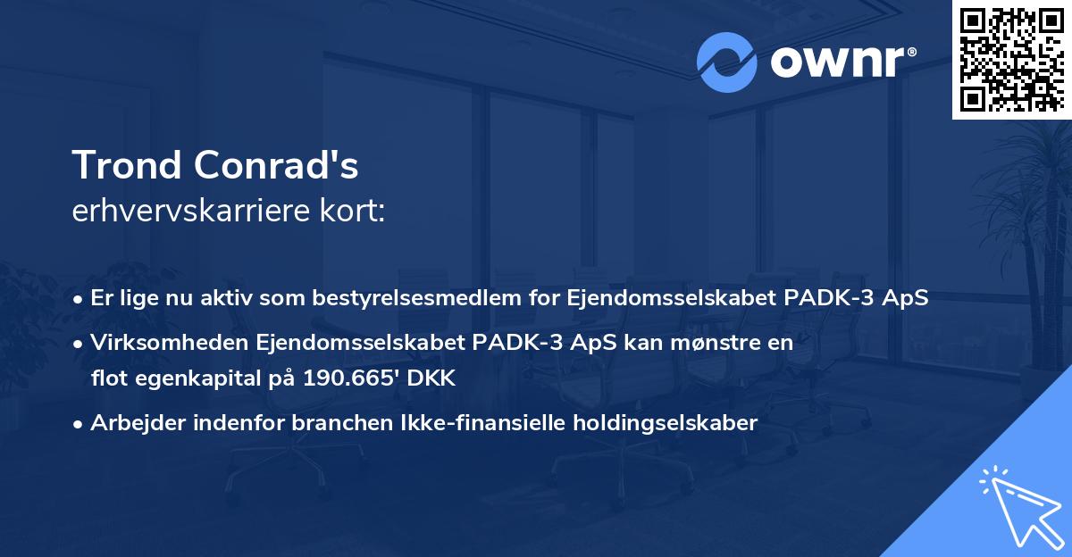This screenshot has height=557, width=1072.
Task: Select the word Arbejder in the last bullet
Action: (131, 423)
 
